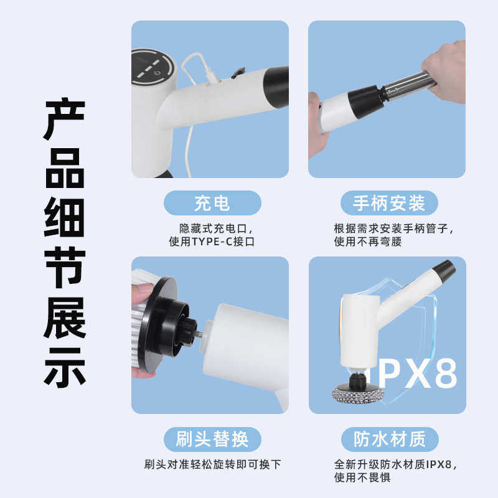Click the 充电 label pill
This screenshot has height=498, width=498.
click(x=212, y=203)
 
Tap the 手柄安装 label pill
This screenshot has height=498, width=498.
click(x=389, y=203)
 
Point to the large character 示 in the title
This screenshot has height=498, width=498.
click(x=64, y=366)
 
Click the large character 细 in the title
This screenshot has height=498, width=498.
click(x=64, y=218)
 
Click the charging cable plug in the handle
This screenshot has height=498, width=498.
click(x=211, y=79)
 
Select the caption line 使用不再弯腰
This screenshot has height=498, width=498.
click(x=368, y=242)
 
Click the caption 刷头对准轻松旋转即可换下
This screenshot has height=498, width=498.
click(x=212, y=464)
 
